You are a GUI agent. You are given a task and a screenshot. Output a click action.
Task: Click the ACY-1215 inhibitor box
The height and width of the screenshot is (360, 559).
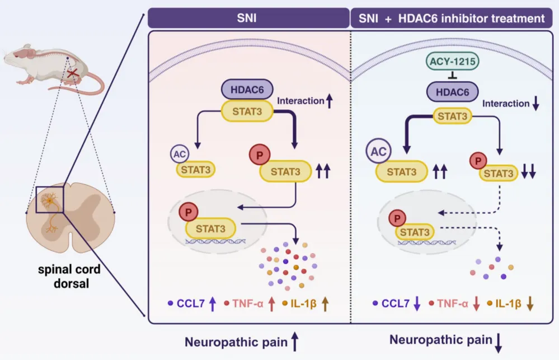(453, 62)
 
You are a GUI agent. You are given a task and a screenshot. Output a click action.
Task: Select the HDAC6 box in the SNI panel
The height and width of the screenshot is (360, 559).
(247, 89)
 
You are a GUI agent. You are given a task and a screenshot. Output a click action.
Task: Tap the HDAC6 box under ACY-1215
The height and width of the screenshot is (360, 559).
(453, 92)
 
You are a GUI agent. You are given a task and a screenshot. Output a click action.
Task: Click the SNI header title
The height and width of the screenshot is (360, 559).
(247, 18)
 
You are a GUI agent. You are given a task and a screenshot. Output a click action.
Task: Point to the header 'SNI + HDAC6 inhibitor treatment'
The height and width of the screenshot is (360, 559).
(452, 18)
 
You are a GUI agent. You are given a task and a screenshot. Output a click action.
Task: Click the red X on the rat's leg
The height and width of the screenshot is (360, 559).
(73, 73)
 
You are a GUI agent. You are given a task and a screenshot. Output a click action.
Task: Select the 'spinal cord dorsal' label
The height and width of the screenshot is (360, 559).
(69, 276)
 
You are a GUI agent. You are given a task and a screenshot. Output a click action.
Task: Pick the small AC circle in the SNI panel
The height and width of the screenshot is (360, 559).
(179, 154)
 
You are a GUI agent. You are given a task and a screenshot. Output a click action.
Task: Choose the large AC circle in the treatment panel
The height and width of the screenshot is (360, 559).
(379, 151)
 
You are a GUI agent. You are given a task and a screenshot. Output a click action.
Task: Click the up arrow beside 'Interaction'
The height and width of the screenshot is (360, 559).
(330, 101)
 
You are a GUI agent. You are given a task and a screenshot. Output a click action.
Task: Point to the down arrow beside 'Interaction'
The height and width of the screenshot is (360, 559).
(535, 103)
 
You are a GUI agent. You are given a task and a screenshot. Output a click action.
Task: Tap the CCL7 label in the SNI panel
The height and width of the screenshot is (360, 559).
(191, 303)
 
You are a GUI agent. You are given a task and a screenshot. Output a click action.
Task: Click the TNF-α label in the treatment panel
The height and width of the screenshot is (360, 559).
(453, 303)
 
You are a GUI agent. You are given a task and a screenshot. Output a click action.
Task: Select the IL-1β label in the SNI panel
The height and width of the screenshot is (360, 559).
(303, 303)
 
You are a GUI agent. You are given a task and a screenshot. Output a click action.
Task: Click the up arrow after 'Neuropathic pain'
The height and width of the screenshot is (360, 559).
(295, 342)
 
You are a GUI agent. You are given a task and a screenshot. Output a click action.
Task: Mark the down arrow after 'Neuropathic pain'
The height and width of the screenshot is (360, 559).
(499, 343)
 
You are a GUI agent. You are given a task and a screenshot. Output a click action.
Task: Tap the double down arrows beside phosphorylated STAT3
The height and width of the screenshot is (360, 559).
(528, 171)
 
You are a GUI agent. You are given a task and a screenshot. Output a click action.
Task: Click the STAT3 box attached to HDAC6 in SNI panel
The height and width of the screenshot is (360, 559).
(247, 111)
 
